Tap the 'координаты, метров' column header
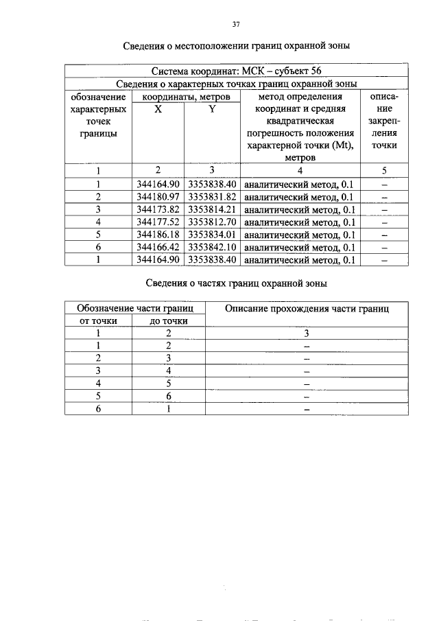coord(186,97)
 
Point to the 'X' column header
coord(158,109)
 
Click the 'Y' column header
coord(212,109)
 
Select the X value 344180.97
coord(158,197)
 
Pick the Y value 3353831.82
coord(212,197)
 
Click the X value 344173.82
coord(158,209)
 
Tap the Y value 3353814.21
coord(212,209)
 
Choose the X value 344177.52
coord(158,222)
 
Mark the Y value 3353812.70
coord(212,222)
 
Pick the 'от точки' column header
coord(99,320)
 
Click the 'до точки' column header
coord(169,320)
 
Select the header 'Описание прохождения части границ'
coord(307,309)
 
